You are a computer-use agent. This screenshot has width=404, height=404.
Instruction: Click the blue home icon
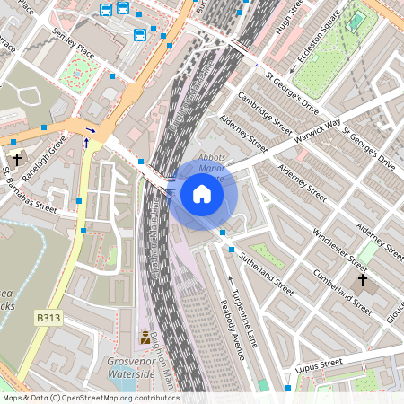(202, 194)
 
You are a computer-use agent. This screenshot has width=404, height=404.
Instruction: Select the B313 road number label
(49, 319)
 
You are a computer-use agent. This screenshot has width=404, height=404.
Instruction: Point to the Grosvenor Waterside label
(131, 367)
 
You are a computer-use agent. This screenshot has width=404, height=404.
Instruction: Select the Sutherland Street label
(266, 274)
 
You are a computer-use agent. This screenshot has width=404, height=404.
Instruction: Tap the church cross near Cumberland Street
(362, 280)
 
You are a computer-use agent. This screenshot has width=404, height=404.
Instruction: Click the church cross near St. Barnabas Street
(17, 160)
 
